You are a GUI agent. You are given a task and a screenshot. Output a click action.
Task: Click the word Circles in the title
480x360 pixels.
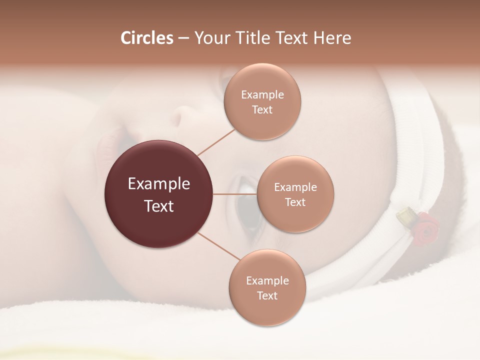[x=146, y=38]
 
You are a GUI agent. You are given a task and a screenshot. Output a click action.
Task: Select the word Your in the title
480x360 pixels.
[x=211, y=38]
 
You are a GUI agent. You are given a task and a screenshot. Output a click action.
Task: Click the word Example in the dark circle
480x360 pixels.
[x=158, y=184]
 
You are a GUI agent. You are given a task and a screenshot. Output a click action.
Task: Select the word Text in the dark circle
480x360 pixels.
[x=158, y=206]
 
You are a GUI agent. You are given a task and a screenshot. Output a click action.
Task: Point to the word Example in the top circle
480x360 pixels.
[x=262, y=95]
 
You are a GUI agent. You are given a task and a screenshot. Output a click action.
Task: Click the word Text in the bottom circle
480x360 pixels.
[x=267, y=296]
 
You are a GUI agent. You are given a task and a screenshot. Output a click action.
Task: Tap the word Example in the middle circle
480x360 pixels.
[x=295, y=187]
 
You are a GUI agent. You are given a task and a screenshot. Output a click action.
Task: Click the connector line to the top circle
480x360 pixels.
[x=216, y=142]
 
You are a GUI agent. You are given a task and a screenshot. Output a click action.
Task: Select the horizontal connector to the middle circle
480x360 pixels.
[x=235, y=194]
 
